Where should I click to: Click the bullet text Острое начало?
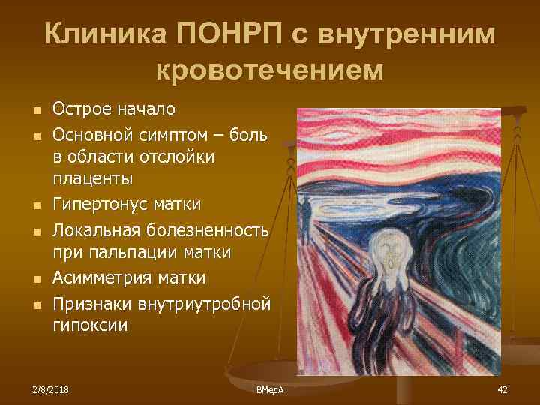(114, 109)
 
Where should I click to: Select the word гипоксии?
(91, 326)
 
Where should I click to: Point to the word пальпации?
(126, 253)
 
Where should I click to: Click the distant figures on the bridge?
(306, 208)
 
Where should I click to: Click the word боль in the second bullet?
(255, 133)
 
